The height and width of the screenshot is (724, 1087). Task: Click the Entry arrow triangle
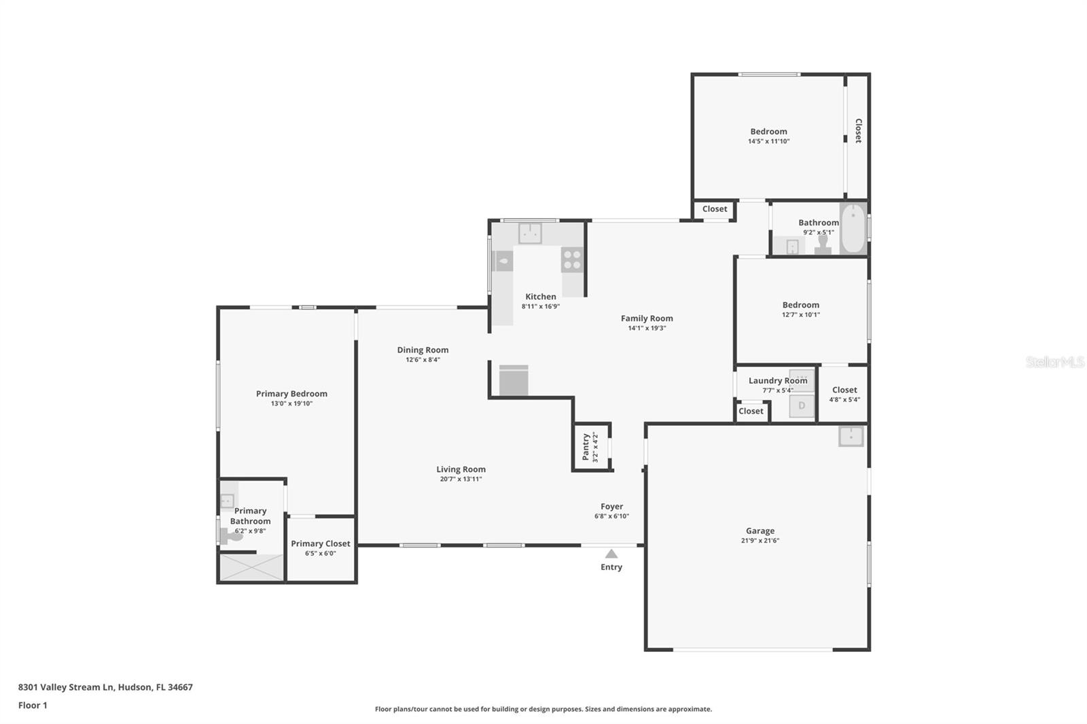611,554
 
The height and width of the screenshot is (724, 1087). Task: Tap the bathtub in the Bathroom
853,229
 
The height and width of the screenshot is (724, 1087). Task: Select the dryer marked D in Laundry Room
802,406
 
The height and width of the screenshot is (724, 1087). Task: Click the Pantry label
586,447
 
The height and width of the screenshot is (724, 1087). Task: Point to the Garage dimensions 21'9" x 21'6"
760,541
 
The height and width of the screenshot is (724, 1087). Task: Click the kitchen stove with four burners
572,260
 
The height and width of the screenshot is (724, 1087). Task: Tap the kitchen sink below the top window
530,233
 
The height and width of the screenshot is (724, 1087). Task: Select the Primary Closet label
321,543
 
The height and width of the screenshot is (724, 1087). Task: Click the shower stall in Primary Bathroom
251,568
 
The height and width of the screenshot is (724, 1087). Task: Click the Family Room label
647,318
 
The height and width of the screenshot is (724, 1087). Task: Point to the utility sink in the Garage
851,436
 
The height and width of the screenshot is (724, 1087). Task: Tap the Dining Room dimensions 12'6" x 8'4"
423,360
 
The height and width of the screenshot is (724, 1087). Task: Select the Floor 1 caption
33,705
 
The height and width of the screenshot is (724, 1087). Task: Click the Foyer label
611,506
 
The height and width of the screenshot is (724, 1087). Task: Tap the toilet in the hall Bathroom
823,245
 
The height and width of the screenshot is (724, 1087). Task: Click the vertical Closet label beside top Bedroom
858,130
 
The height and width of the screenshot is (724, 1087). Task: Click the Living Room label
461,469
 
